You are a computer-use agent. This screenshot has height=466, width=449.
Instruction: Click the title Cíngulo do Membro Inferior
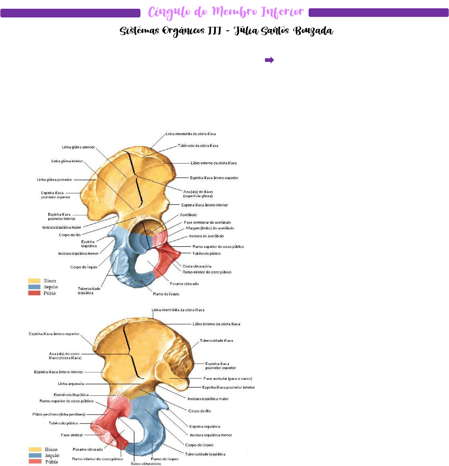[226, 12]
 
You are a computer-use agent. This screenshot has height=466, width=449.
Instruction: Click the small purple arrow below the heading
[269, 60]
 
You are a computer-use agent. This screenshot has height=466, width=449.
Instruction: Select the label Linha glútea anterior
[78, 147]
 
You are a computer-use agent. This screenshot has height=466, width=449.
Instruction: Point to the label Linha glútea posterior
[54, 180]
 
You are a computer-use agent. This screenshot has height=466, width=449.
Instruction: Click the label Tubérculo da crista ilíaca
[198, 146]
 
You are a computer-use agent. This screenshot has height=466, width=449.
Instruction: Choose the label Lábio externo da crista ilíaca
[213, 163]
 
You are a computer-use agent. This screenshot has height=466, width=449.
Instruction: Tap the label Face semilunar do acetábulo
[207, 222]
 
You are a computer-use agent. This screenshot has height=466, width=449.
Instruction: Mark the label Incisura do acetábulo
[206, 236]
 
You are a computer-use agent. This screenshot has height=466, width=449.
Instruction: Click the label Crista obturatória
[197, 267]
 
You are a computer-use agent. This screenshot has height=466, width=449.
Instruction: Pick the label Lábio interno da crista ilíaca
[216, 324]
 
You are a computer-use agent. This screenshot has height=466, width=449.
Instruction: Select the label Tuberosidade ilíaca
[216, 340]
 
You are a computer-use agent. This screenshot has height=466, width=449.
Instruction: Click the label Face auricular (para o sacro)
[227, 378]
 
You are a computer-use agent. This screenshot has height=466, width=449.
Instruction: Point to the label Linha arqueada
[71, 384]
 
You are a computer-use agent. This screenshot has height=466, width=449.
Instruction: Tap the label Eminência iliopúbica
[71, 395]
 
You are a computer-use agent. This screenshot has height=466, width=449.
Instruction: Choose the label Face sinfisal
[72, 435]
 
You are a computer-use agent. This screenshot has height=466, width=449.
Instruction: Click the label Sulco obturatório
[146, 463]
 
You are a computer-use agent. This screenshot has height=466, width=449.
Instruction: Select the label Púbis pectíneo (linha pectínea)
[59, 414]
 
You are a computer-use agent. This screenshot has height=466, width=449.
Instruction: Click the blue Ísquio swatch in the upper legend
[35, 287]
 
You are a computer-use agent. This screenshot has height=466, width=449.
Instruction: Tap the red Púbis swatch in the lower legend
[35, 461]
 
